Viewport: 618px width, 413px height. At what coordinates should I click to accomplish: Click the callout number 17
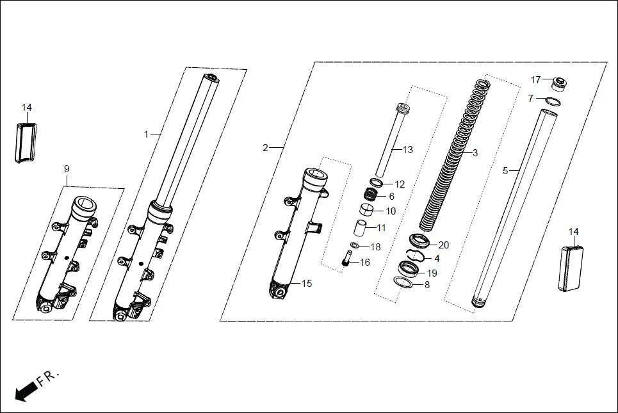(x=536, y=80)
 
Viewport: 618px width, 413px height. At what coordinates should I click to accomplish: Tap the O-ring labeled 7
(x=554, y=101)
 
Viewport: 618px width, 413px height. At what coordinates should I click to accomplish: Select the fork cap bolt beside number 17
(x=560, y=84)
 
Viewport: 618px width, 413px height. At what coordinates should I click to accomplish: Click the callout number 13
(x=408, y=150)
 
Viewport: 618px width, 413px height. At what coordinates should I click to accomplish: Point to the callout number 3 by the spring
(x=475, y=153)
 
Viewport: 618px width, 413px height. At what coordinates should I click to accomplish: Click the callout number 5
(x=505, y=171)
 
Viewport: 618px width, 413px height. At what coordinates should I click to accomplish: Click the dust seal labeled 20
(x=419, y=241)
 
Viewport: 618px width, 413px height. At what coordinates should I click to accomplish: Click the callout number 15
(x=307, y=284)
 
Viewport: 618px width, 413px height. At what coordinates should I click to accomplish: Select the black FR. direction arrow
(x=26, y=390)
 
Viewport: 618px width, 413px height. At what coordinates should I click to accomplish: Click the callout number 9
(x=67, y=168)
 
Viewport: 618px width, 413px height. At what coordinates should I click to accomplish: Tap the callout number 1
(x=146, y=134)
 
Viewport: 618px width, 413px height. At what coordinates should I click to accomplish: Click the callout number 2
(x=266, y=148)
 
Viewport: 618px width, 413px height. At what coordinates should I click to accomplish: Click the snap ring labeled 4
(x=417, y=256)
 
